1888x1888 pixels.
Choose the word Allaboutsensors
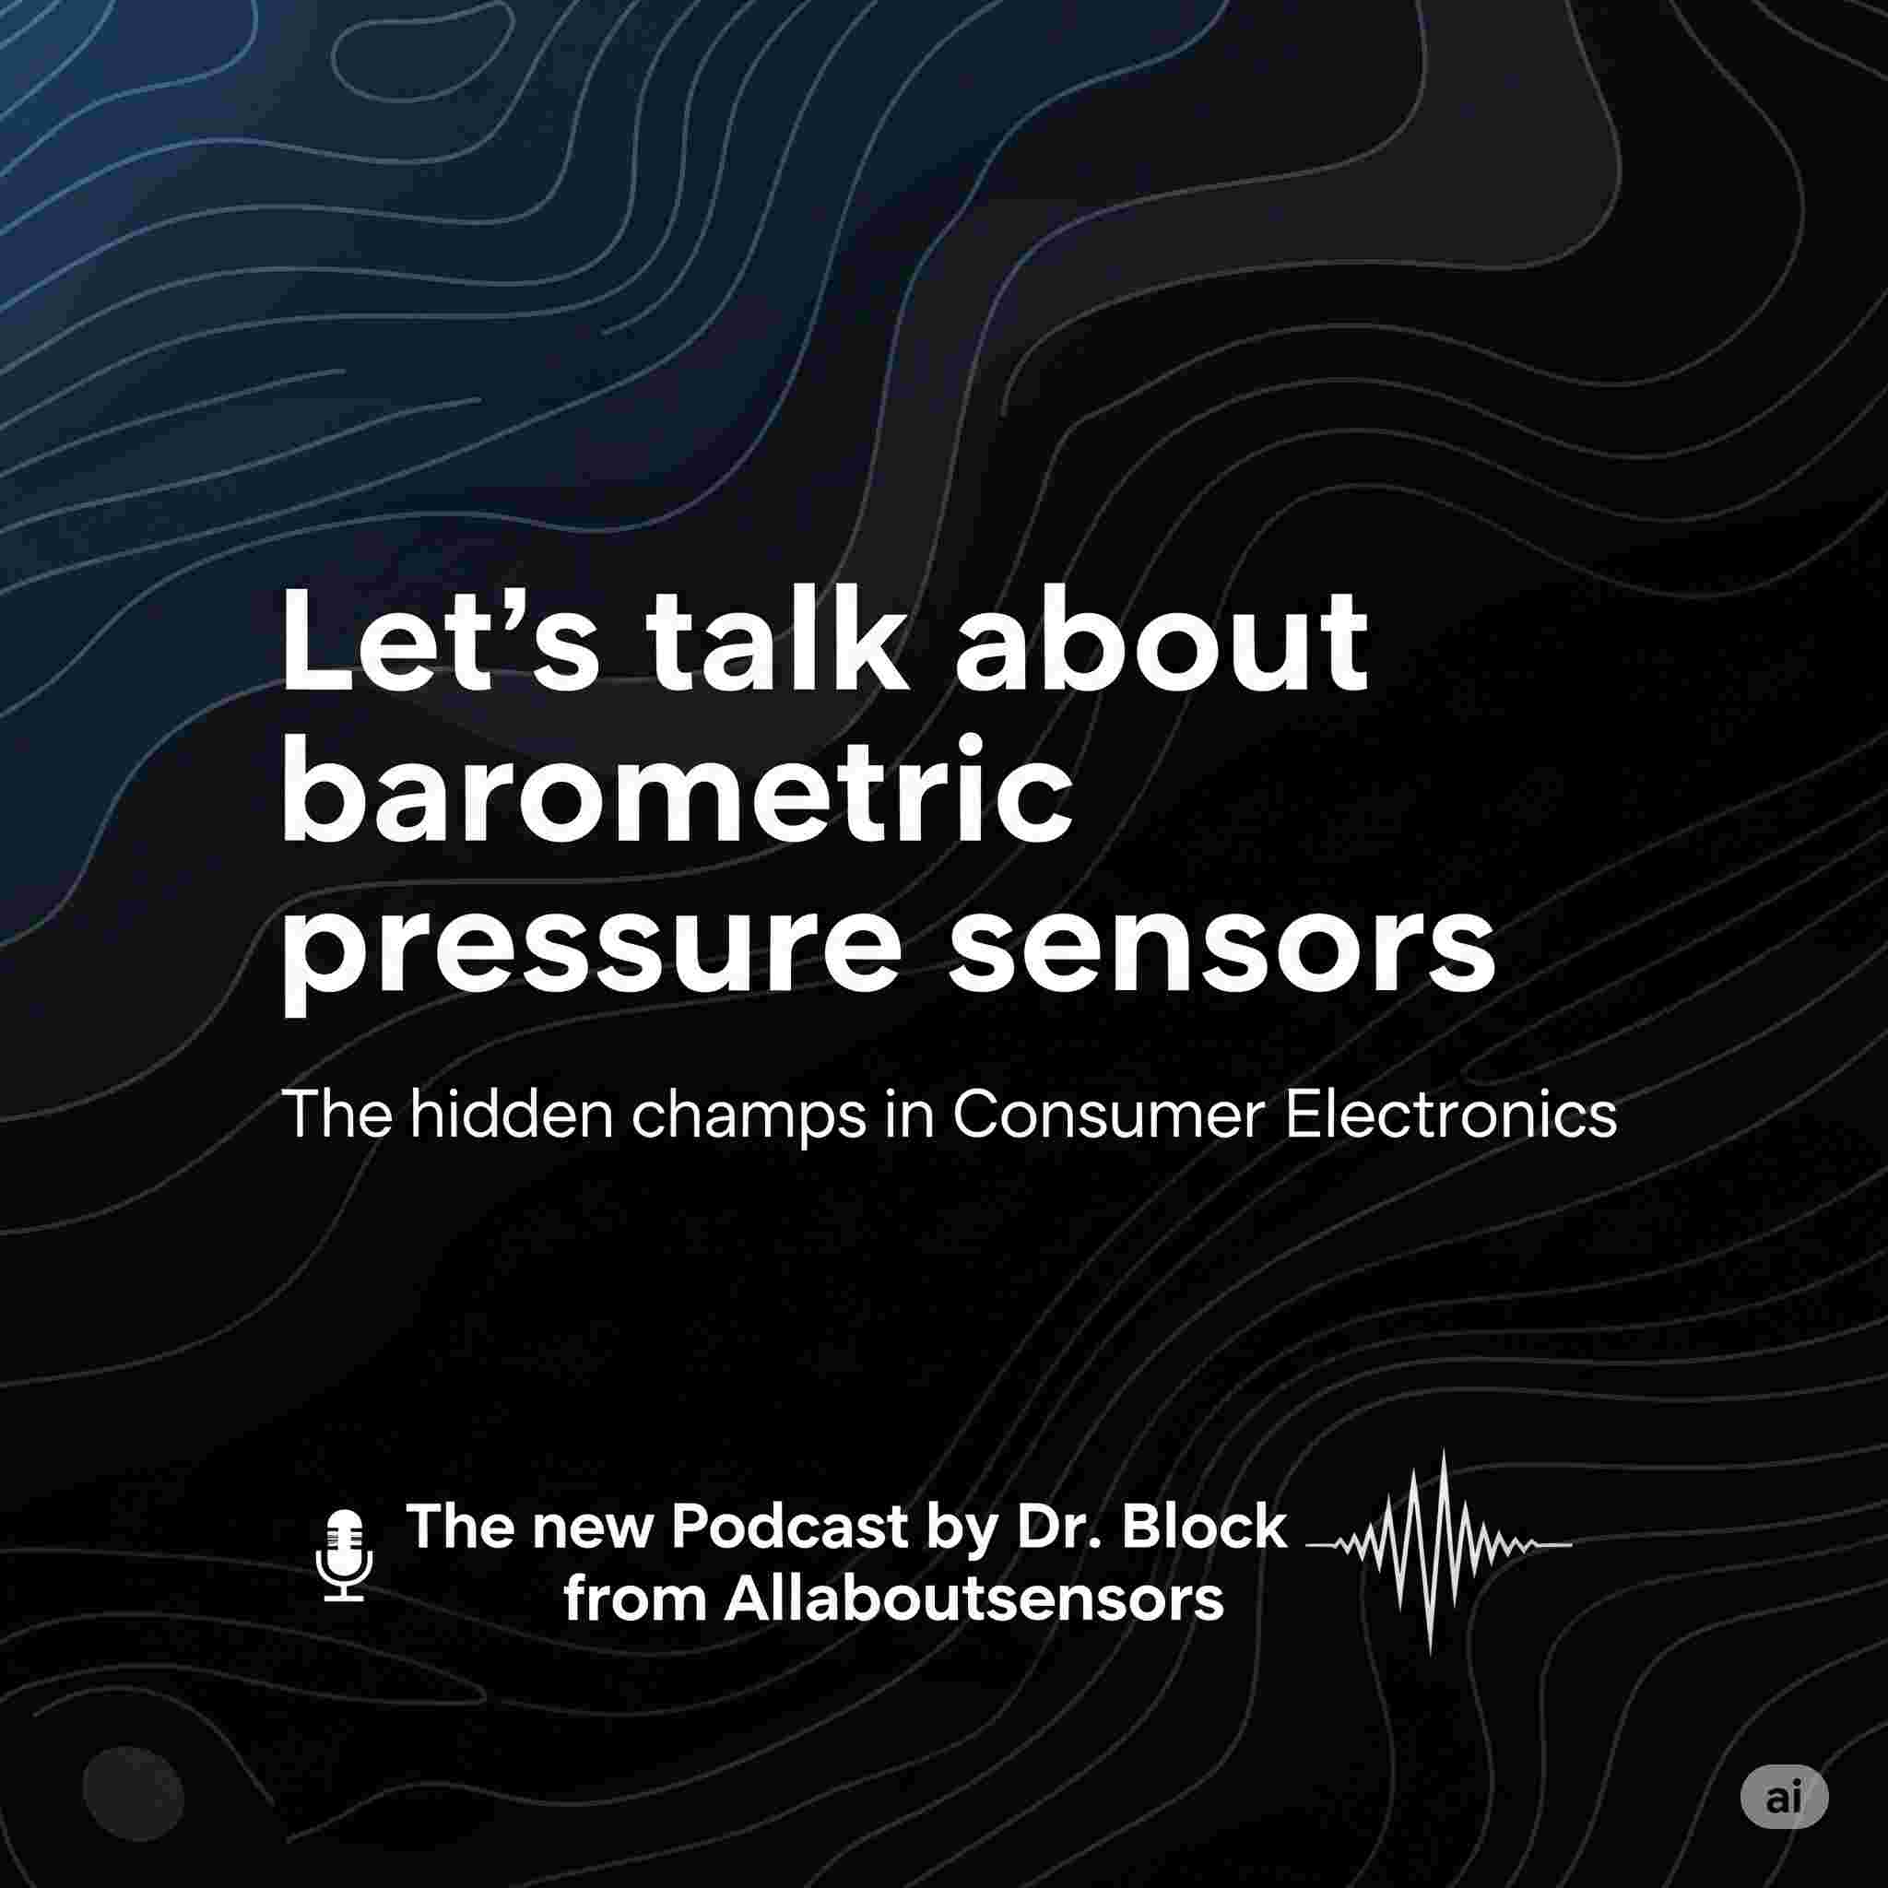[x=973, y=1599]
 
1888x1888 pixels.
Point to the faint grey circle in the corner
[x=133, y=1793]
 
